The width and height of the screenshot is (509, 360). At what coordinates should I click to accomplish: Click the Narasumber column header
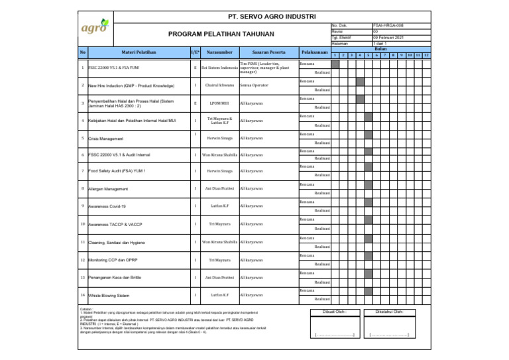[218, 52]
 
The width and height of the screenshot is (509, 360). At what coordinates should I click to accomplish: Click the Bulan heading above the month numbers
[380, 48]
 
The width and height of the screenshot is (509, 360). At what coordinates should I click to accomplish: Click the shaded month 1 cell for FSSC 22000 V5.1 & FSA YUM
[336, 64]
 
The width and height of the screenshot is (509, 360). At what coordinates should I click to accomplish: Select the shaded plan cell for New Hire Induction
[360, 82]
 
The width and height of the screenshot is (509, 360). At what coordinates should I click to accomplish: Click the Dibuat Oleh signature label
[335, 312]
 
